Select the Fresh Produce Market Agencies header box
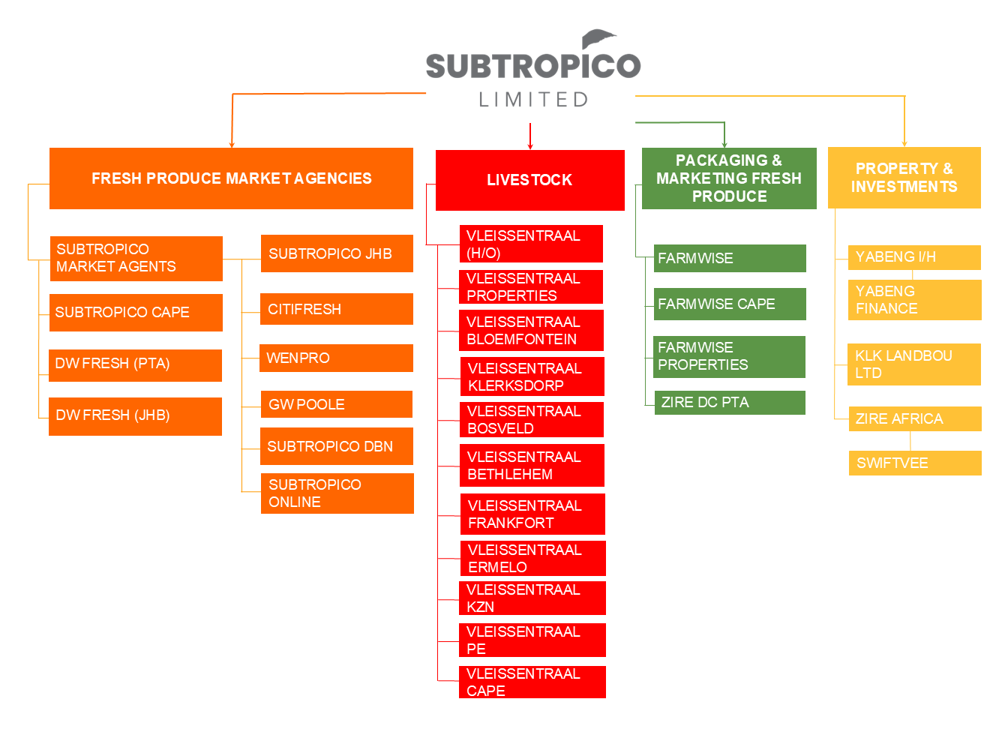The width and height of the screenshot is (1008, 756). point(231,178)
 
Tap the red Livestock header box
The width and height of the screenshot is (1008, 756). point(529,180)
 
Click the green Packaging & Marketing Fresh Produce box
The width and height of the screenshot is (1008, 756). point(729,178)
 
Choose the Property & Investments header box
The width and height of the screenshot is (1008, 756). point(904,178)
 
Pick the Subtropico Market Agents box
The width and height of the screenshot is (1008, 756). point(136,258)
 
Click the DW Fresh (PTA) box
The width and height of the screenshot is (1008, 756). point(135,364)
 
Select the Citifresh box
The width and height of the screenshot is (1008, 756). point(336,309)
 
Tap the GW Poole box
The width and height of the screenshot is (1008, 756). point(336,404)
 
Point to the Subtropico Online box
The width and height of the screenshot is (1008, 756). point(337,493)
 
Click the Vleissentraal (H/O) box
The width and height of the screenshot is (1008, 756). point(530,244)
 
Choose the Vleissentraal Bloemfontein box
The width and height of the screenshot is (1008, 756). point(531,331)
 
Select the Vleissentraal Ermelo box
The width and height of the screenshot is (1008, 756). point(532,559)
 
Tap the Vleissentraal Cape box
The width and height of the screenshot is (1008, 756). point(532,682)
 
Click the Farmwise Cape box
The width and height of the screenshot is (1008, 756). point(729,304)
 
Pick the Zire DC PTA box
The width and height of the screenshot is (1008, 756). point(729,403)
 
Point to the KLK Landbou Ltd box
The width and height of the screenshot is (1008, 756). point(913,364)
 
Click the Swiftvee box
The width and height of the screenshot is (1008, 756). point(914,463)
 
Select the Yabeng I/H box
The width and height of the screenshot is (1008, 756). point(913,257)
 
